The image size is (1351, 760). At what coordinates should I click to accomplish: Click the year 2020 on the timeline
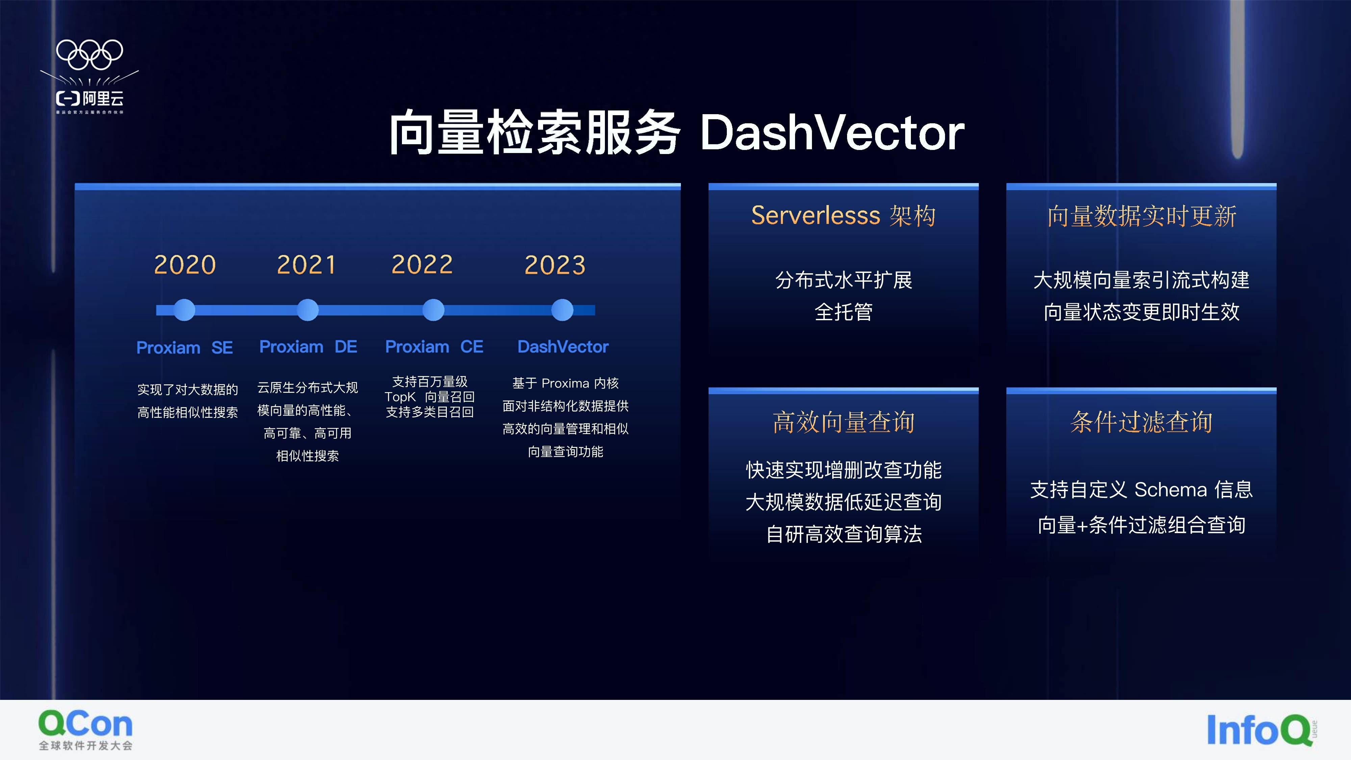coord(185,264)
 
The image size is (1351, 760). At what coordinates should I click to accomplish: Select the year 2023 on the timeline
coord(555,264)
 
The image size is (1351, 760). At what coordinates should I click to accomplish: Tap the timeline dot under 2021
coord(307,310)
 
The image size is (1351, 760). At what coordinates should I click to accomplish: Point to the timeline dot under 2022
coord(433,310)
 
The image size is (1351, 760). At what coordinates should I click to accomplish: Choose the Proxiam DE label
coord(308,347)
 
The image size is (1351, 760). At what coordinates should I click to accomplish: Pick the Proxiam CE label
coord(434,347)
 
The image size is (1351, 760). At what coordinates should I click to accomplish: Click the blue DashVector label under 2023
coord(563,347)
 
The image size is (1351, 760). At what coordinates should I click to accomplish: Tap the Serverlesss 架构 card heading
coord(843,216)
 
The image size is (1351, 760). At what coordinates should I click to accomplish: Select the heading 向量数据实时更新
coord(1142,216)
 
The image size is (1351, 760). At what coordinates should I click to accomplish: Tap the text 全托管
coord(843,312)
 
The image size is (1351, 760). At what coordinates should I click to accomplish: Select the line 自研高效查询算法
coord(844,534)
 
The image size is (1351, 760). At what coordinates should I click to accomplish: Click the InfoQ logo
coord(1261,730)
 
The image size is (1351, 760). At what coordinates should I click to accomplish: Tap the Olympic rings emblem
coord(90,54)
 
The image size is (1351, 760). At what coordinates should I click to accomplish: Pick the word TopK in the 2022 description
coord(400,397)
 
